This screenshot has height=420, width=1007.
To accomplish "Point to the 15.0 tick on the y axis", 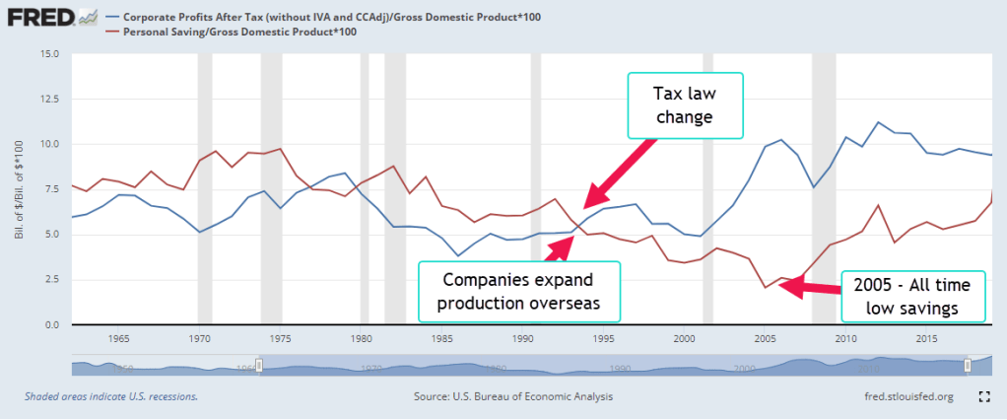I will [x=50, y=53].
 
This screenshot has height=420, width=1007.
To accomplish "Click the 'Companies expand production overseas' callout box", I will [x=519, y=291].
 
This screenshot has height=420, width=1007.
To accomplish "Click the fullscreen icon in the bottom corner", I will [x=982, y=396].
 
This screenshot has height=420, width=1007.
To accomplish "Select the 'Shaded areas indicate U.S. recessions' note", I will [x=110, y=396].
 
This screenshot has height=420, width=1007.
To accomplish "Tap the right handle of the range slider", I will [x=967, y=365].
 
